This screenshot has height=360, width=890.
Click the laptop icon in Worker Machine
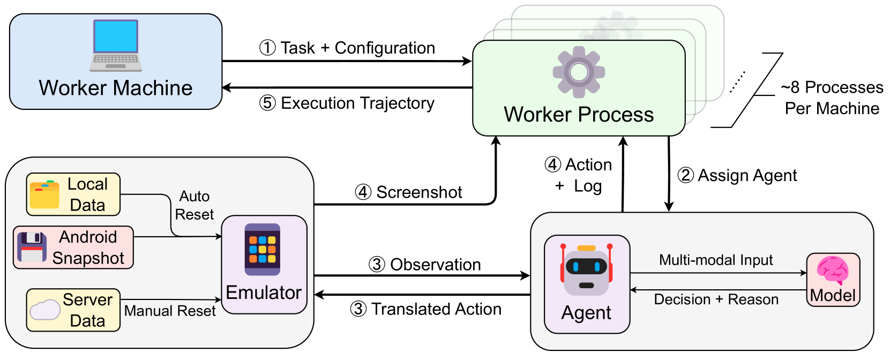click(x=116, y=46)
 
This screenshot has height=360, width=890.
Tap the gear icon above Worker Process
click(x=579, y=72)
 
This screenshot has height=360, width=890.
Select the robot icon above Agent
click(x=586, y=269)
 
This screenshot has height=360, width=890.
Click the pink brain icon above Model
click(x=832, y=270)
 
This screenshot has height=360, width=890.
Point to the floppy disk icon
click(x=32, y=247)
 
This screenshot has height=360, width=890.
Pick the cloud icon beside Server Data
click(x=45, y=310)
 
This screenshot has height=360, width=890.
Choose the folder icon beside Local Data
click(x=44, y=194)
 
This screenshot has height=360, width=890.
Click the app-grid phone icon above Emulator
click(x=262, y=250)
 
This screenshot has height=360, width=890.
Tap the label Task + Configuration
click(x=358, y=48)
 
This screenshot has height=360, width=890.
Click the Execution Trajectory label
click(x=357, y=103)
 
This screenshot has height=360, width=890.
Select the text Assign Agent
click(x=747, y=176)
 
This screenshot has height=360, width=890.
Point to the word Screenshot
click(x=419, y=192)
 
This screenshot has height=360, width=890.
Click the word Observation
click(x=436, y=265)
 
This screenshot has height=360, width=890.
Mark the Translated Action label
click(x=436, y=309)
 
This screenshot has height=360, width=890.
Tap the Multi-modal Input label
click(x=716, y=260)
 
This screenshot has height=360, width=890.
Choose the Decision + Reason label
click(x=716, y=299)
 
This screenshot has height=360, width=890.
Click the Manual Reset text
click(x=170, y=311)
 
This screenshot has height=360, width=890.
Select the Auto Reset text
click(x=195, y=205)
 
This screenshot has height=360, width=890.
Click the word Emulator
click(x=264, y=293)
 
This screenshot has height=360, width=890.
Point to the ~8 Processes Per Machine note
click(x=832, y=97)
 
